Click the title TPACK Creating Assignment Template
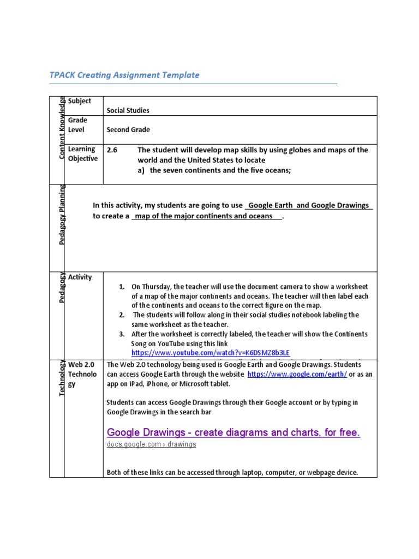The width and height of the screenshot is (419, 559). click(124, 75)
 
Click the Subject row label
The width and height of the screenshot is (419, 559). click(80, 102)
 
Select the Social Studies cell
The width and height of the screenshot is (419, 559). click(128, 110)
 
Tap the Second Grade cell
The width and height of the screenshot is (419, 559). click(128, 130)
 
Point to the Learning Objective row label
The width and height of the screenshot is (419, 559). click(82, 154)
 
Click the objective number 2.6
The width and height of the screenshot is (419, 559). click(112, 150)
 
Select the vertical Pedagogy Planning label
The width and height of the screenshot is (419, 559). click(62, 215)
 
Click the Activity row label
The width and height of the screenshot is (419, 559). click(80, 277)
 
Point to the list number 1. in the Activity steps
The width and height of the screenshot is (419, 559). click(122, 287)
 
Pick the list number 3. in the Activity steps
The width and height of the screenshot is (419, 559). click(122, 334)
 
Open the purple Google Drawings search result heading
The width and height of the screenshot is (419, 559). click(234, 433)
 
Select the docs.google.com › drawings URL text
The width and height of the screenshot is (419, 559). click(151, 444)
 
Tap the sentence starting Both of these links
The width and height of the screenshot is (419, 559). click(232, 472)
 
